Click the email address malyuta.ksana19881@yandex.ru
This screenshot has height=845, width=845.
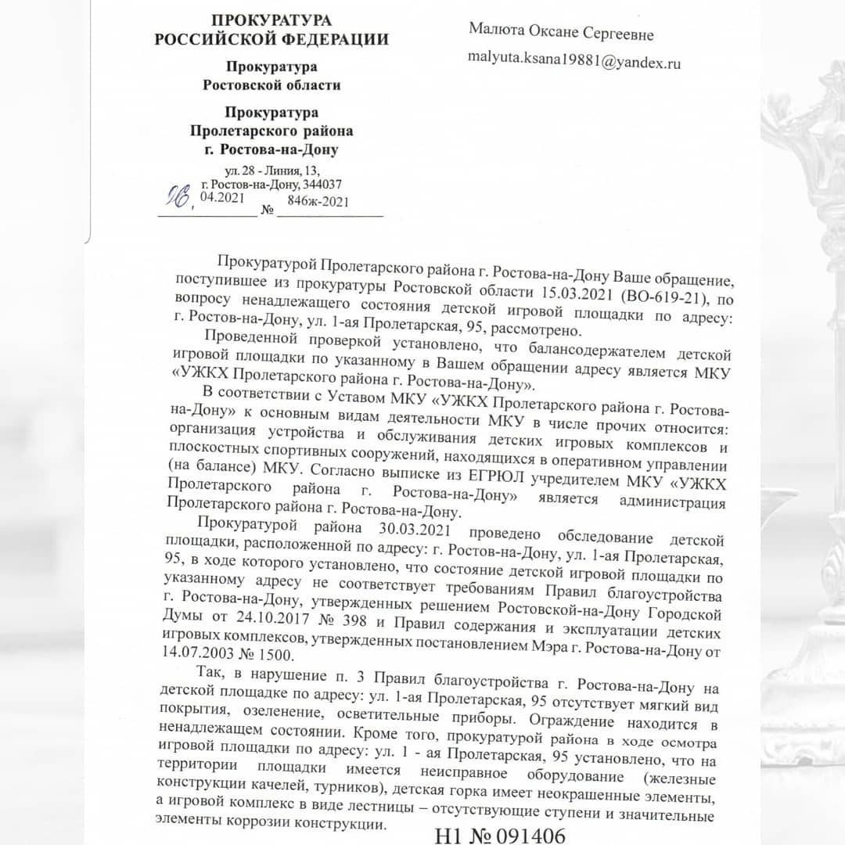point(574,60)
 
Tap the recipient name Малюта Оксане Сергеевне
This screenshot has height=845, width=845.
point(561,34)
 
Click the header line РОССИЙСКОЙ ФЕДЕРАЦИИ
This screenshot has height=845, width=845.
point(271,39)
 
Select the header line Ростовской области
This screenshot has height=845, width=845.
point(271,84)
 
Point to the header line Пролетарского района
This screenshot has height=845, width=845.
point(271,130)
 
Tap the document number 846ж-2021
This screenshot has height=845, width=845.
point(318,200)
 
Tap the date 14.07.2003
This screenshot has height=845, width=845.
point(207,652)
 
